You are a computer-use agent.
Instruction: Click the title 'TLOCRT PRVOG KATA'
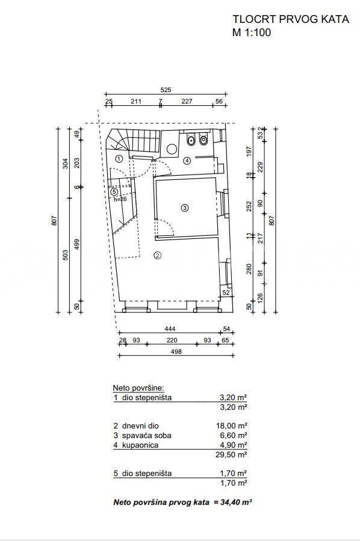[291, 19]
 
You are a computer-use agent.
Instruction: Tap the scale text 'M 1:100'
[252, 32]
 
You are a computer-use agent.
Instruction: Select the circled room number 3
[185, 208]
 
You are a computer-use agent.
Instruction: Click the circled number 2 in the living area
[157, 255]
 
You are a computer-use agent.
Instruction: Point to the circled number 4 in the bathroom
[187, 161]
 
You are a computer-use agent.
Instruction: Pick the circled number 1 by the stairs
[119, 159]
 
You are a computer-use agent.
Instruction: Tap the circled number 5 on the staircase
[114, 192]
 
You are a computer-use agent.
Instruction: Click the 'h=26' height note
[120, 199]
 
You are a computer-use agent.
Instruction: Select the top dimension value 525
[166, 90]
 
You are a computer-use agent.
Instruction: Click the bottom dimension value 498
[176, 351]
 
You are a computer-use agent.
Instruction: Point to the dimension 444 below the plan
[170, 329]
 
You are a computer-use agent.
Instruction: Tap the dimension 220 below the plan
[172, 340]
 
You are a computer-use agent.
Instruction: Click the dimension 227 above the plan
[187, 101]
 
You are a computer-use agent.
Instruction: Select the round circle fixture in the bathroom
[172, 149]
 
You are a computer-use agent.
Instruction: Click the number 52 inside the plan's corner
[226, 292]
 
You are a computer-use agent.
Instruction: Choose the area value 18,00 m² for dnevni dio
[232, 426]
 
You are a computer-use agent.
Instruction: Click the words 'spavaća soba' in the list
[147, 436]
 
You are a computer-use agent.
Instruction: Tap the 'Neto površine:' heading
[138, 388]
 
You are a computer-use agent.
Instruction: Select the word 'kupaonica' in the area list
[140, 445]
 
